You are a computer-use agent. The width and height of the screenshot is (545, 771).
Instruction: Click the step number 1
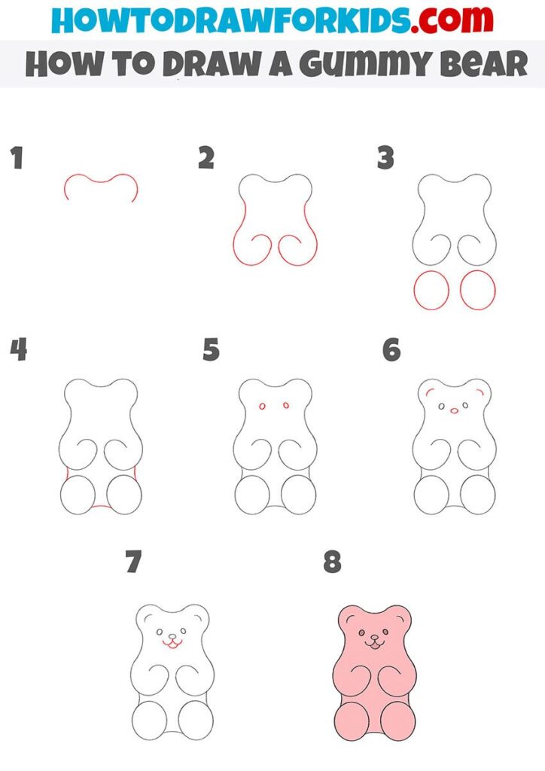(18, 158)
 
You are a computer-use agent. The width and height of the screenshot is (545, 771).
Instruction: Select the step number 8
(332, 562)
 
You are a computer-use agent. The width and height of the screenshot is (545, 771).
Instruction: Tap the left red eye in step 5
(262, 406)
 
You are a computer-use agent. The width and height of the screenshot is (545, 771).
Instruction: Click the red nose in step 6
(454, 410)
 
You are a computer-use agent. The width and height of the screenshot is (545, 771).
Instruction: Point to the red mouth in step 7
(172, 643)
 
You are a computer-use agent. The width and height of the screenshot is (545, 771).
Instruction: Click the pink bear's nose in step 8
(374, 636)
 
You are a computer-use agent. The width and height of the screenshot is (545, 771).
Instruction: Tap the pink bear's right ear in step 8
(399, 616)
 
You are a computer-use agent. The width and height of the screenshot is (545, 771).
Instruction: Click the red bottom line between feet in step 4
(100, 507)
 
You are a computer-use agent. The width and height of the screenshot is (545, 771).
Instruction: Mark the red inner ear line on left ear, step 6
(430, 391)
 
